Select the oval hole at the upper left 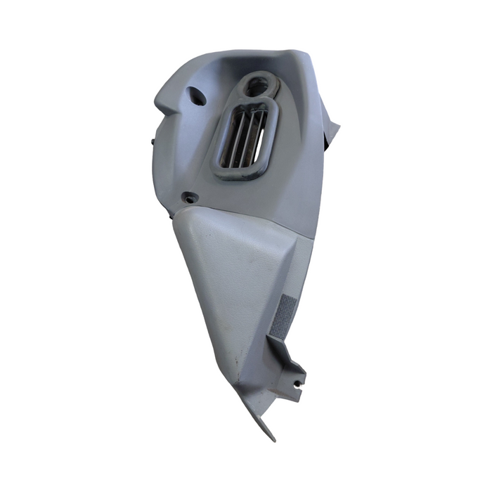pyautogui.click(x=197, y=96)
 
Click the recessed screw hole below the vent pyautogui.click(x=188, y=198)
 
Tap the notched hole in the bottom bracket pyautogui.click(x=297, y=383)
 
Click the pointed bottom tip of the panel pyautogui.click(x=271, y=436)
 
